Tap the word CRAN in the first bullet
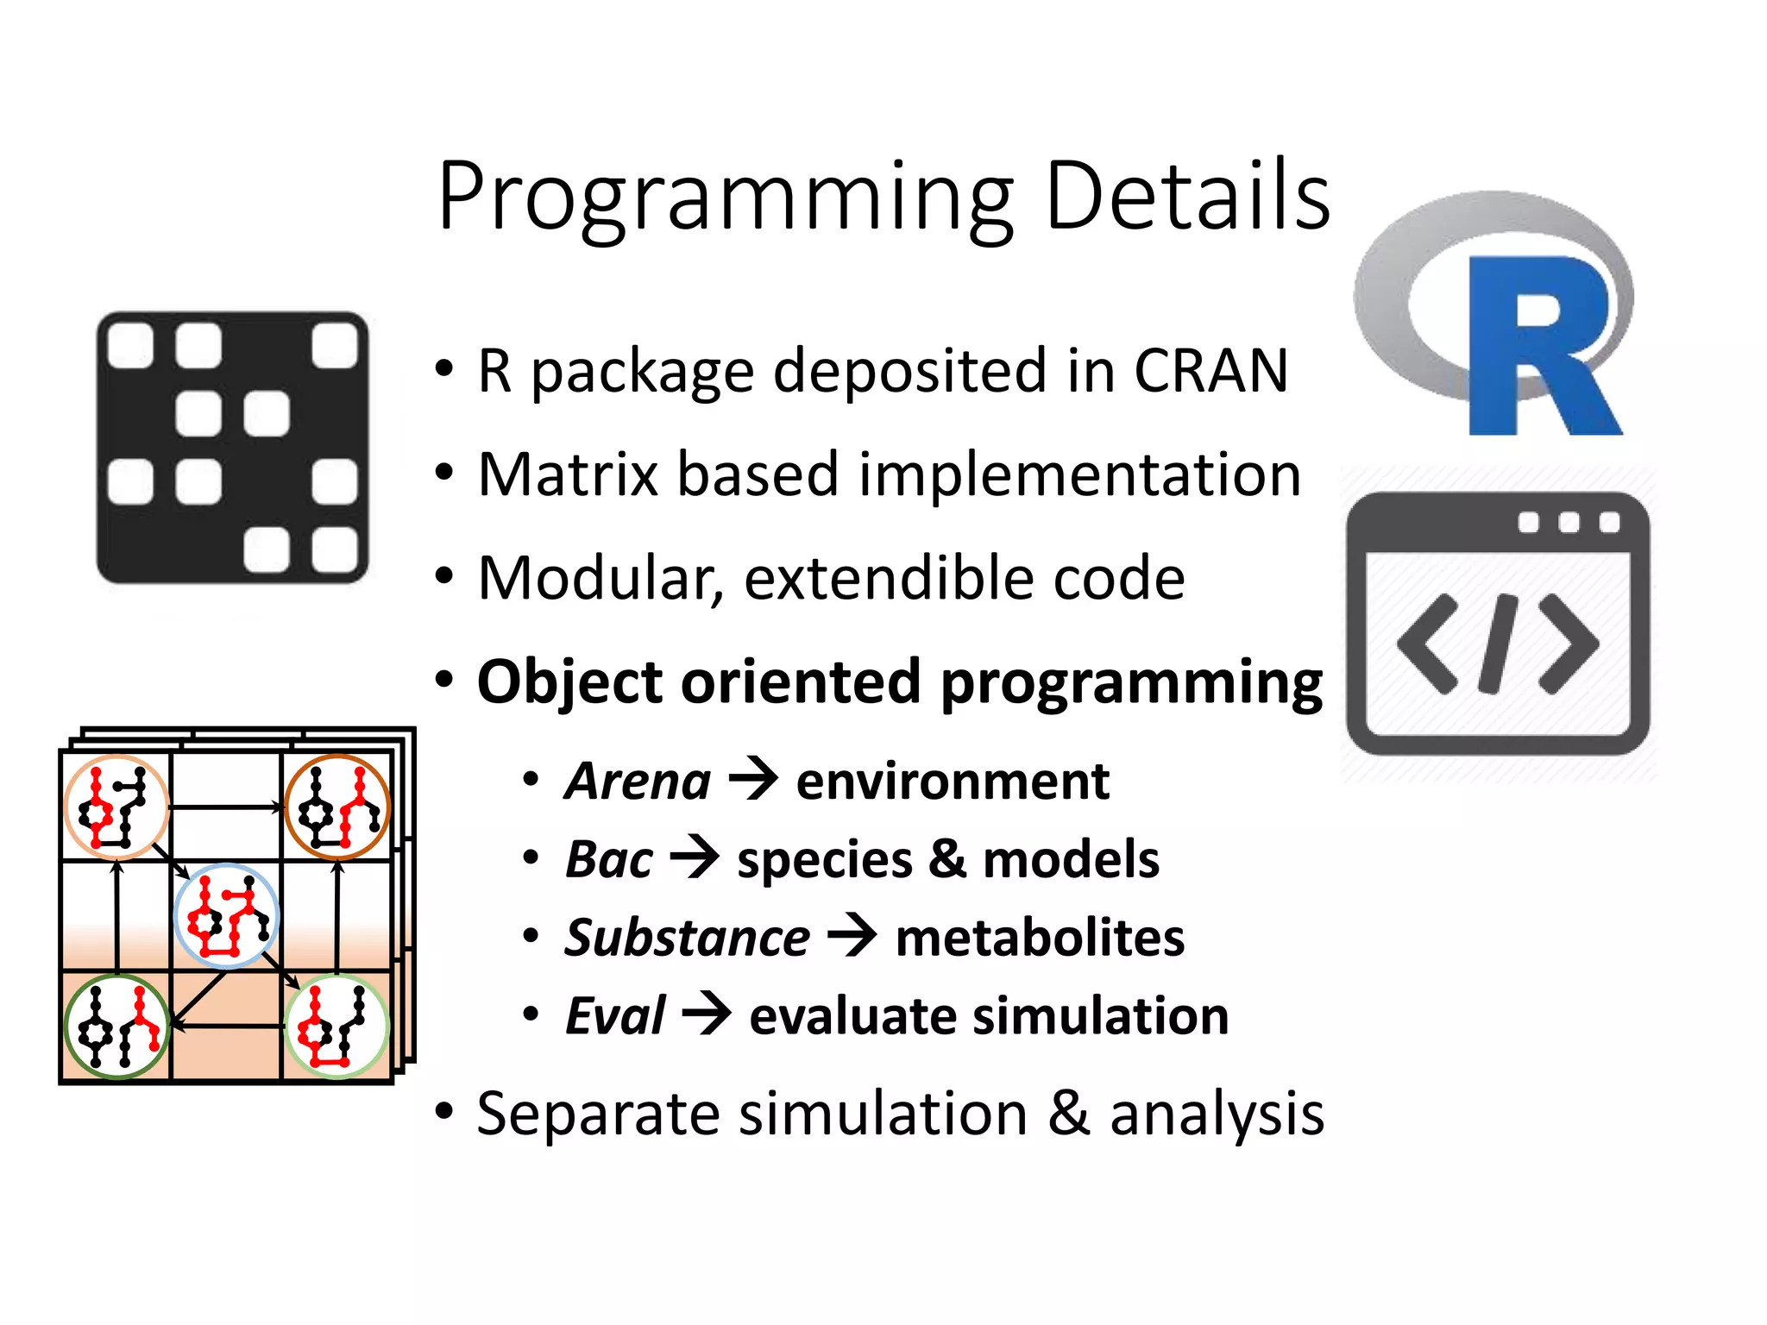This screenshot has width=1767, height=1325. click(x=1210, y=371)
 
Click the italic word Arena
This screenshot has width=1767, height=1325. click(x=638, y=782)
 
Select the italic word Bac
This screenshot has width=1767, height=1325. click(x=609, y=860)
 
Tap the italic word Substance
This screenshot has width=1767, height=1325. click(x=687, y=938)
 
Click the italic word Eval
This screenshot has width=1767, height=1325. click(x=615, y=1016)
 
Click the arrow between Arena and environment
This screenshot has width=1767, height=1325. click(x=753, y=779)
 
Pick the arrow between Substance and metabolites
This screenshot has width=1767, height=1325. click(x=852, y=936)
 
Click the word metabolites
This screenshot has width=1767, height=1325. click(x=1040, y=938)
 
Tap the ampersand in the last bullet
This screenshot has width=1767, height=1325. click(x=1068, y=1113)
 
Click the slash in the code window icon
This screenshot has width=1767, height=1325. click(x=1497, y=644)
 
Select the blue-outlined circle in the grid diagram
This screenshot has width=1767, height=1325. click(x=226, y=916)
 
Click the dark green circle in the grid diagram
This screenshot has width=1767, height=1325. click(x=116, y=1027)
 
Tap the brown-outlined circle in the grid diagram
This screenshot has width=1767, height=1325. click(x=337, y=807)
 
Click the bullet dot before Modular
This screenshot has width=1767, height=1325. click(x=443, y=576)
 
